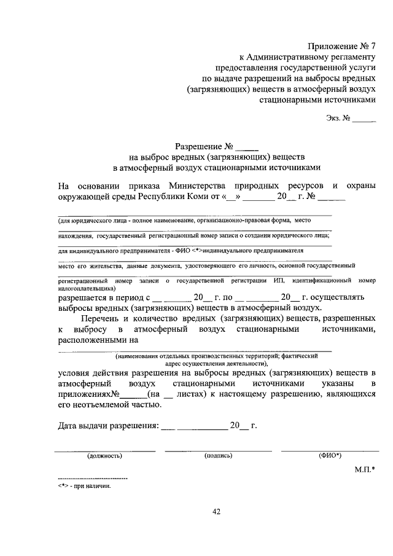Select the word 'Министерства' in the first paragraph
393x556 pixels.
click(x=196, y=186)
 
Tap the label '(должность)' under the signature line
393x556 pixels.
click(x=104, y=456)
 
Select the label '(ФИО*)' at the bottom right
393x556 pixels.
click(x=330, y=456)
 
